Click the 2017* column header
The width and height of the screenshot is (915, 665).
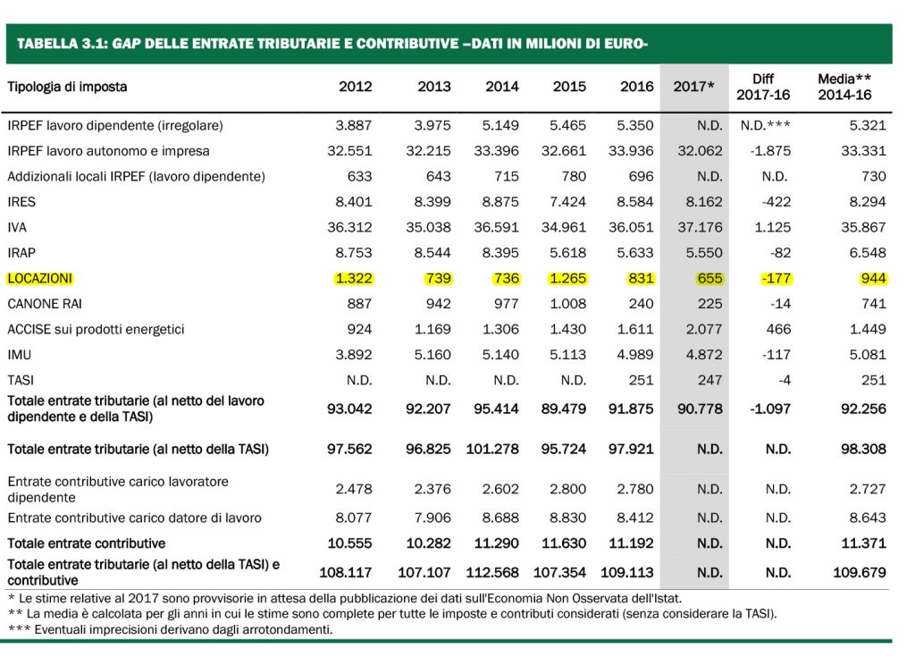click(x=693, y=87)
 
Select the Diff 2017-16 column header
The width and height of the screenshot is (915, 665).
click(x=763, y=87)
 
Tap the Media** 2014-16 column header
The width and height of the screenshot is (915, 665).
click(x=844, y=87)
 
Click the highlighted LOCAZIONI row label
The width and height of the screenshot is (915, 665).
click(x=39, y=279)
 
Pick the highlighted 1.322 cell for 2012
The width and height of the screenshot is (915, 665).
click(x=354, y=279)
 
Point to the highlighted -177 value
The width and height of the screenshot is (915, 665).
click(x=776, y=279)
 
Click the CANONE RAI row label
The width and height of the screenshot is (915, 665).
click(x=45, y=304)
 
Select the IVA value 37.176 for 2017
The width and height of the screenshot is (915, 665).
click(x=700, y=227)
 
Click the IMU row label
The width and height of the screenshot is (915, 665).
click(x=20, y=355)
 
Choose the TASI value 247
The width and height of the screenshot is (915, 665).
click(x=709, y=381)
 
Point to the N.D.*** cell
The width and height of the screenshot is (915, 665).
click(x=765, y=125)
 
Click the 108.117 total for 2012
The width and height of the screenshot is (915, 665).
click(x=346, y=573)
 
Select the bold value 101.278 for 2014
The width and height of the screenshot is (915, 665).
click(x=492, y=450)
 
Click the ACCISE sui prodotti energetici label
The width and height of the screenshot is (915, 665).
click(x=96, y=329)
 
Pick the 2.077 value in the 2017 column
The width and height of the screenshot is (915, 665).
click(x=704, y=329)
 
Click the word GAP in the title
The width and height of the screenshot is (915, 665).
click(x=127, y=44)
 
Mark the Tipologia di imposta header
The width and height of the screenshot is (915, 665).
click(x=67, y=87)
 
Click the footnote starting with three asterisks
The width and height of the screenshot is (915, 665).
click(x=170, y=630)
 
